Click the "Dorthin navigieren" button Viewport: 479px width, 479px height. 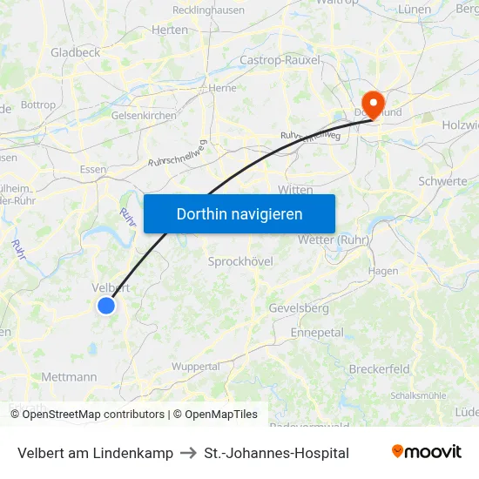pos(239,213)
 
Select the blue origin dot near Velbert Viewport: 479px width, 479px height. pos(105,305)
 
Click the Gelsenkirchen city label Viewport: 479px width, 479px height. pos(144,115)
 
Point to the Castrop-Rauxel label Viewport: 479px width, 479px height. pos(280,60)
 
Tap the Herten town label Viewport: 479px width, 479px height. pos(170,30)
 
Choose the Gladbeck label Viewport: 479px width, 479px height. pos(75,52)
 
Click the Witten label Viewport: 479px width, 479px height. pos(295,189)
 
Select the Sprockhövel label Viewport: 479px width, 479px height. pos(240,261)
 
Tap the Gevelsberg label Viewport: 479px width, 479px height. pos(299,308)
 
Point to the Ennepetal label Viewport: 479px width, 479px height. pos(317,333)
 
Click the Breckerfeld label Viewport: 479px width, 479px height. pos(379,369)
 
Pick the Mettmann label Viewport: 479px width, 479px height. pos(69,377)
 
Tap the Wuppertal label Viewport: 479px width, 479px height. pos(196,367)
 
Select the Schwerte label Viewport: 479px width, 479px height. pos(442,181)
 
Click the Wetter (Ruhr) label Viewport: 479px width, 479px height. pos(334,239)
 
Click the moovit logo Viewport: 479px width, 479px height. pos(426,452)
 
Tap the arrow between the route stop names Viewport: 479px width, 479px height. pos(188,453)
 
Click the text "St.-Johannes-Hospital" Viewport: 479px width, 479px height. pos(276,453)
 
